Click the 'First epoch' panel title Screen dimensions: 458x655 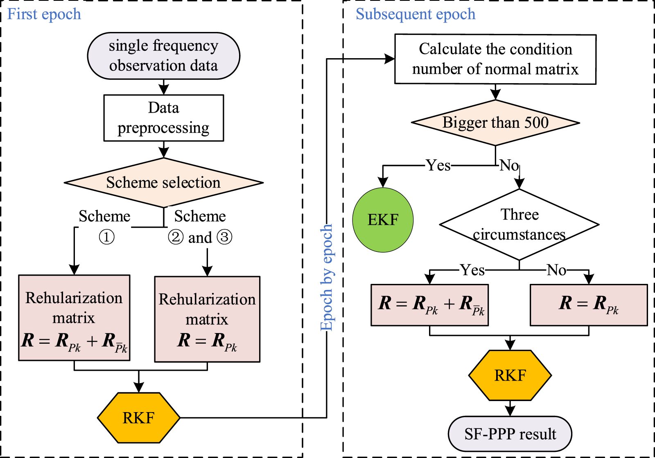(x=44, y=14)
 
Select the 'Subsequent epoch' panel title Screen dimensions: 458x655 (x=415, y=14)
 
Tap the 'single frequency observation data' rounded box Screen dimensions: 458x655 (x=163, y=56)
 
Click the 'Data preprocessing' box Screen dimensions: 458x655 (x=163, y=118)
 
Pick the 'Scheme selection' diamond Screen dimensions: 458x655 (x=163, y=182)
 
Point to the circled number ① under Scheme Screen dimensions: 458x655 (x=106, y=237)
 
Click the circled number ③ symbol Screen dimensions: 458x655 (x=224, y=237)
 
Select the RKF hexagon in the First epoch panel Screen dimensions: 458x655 (x=138, y=418)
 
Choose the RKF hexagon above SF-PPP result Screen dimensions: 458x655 (x=510, y=375)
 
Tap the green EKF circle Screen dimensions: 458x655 (x=383, y=220)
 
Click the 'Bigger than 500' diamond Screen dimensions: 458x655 (x=495, y=122)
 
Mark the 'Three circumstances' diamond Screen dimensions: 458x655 (x=519, y=224)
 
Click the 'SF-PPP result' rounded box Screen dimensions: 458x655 (x=510, y=434)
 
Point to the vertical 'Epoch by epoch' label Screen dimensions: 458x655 (x=326, y=277)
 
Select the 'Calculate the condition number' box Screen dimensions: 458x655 (x=495, y=59)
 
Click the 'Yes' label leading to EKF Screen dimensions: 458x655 (x=438, y=166)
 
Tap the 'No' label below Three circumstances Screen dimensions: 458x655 (x=557, y=270)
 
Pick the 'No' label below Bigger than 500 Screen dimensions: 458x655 (x=509, y=166)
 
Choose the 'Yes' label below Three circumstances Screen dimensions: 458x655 (x=472, y=270)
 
